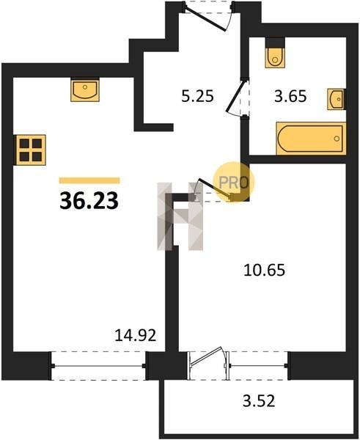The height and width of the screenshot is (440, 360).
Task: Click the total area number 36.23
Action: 89,201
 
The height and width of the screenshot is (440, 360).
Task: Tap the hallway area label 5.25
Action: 197,96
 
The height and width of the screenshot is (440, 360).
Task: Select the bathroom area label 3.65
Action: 290,96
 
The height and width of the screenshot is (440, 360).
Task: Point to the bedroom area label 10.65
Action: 265,270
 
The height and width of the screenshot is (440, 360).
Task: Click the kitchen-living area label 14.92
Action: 135,335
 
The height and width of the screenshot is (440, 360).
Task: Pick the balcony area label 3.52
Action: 259,400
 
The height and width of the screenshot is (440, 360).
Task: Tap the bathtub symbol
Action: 311,139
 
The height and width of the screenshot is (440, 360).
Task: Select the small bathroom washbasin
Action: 336,99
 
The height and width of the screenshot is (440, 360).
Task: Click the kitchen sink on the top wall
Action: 85,89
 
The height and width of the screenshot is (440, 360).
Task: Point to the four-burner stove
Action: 30,150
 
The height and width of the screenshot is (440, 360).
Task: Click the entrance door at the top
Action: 207,16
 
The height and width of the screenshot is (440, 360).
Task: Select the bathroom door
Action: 238,96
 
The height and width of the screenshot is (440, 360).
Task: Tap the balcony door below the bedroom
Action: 208,364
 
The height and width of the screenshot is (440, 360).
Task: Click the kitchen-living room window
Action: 98,366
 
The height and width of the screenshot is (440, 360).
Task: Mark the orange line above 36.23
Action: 89,180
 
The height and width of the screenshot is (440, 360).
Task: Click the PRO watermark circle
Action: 234,183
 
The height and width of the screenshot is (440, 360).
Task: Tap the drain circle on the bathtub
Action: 337,139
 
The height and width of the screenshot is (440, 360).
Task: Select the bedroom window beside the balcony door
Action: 258,366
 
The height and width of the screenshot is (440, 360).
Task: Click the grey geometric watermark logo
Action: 180,216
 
